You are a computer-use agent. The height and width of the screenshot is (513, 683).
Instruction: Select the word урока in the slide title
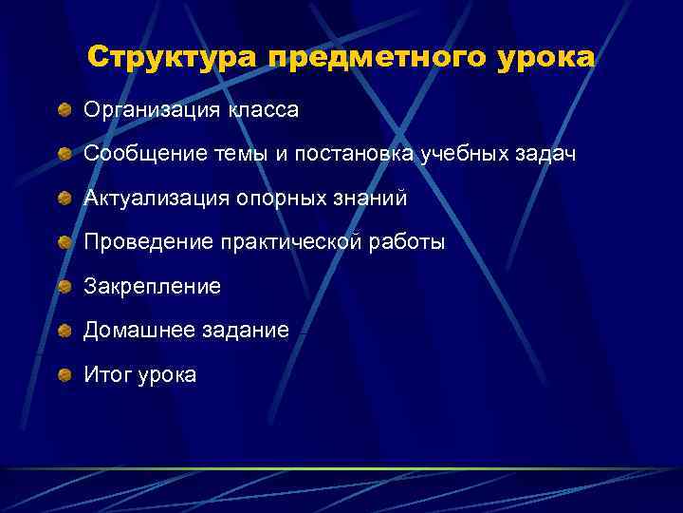pyautogui.click(x=545, y=58)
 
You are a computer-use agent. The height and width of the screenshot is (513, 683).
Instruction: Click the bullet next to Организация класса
pyautogui.click(x=64, y=111)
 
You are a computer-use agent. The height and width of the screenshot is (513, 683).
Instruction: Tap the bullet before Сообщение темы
pyautogui.click(x=64, y=155)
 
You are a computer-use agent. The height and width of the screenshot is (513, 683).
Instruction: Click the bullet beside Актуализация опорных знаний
pyautogui.click(x=64, y=199)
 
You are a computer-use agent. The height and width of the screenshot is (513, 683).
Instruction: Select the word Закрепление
pyautogui.click(x=152, y=286)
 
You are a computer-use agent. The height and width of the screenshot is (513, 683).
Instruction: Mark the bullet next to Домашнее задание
pyautogui.click(x=64, y=331)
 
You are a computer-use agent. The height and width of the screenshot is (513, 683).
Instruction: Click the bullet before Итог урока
pyautogui.click(x=64, y=375)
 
